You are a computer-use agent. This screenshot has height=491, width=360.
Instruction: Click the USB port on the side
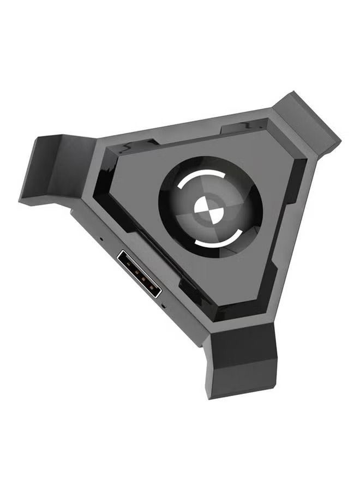[x=139, y=273]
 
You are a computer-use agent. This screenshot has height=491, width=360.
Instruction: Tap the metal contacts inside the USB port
[x=137, y=272]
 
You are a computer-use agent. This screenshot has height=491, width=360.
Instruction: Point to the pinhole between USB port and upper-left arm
[x=101, y=239]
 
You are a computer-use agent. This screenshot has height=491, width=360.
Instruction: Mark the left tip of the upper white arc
[x=178, y=187]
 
